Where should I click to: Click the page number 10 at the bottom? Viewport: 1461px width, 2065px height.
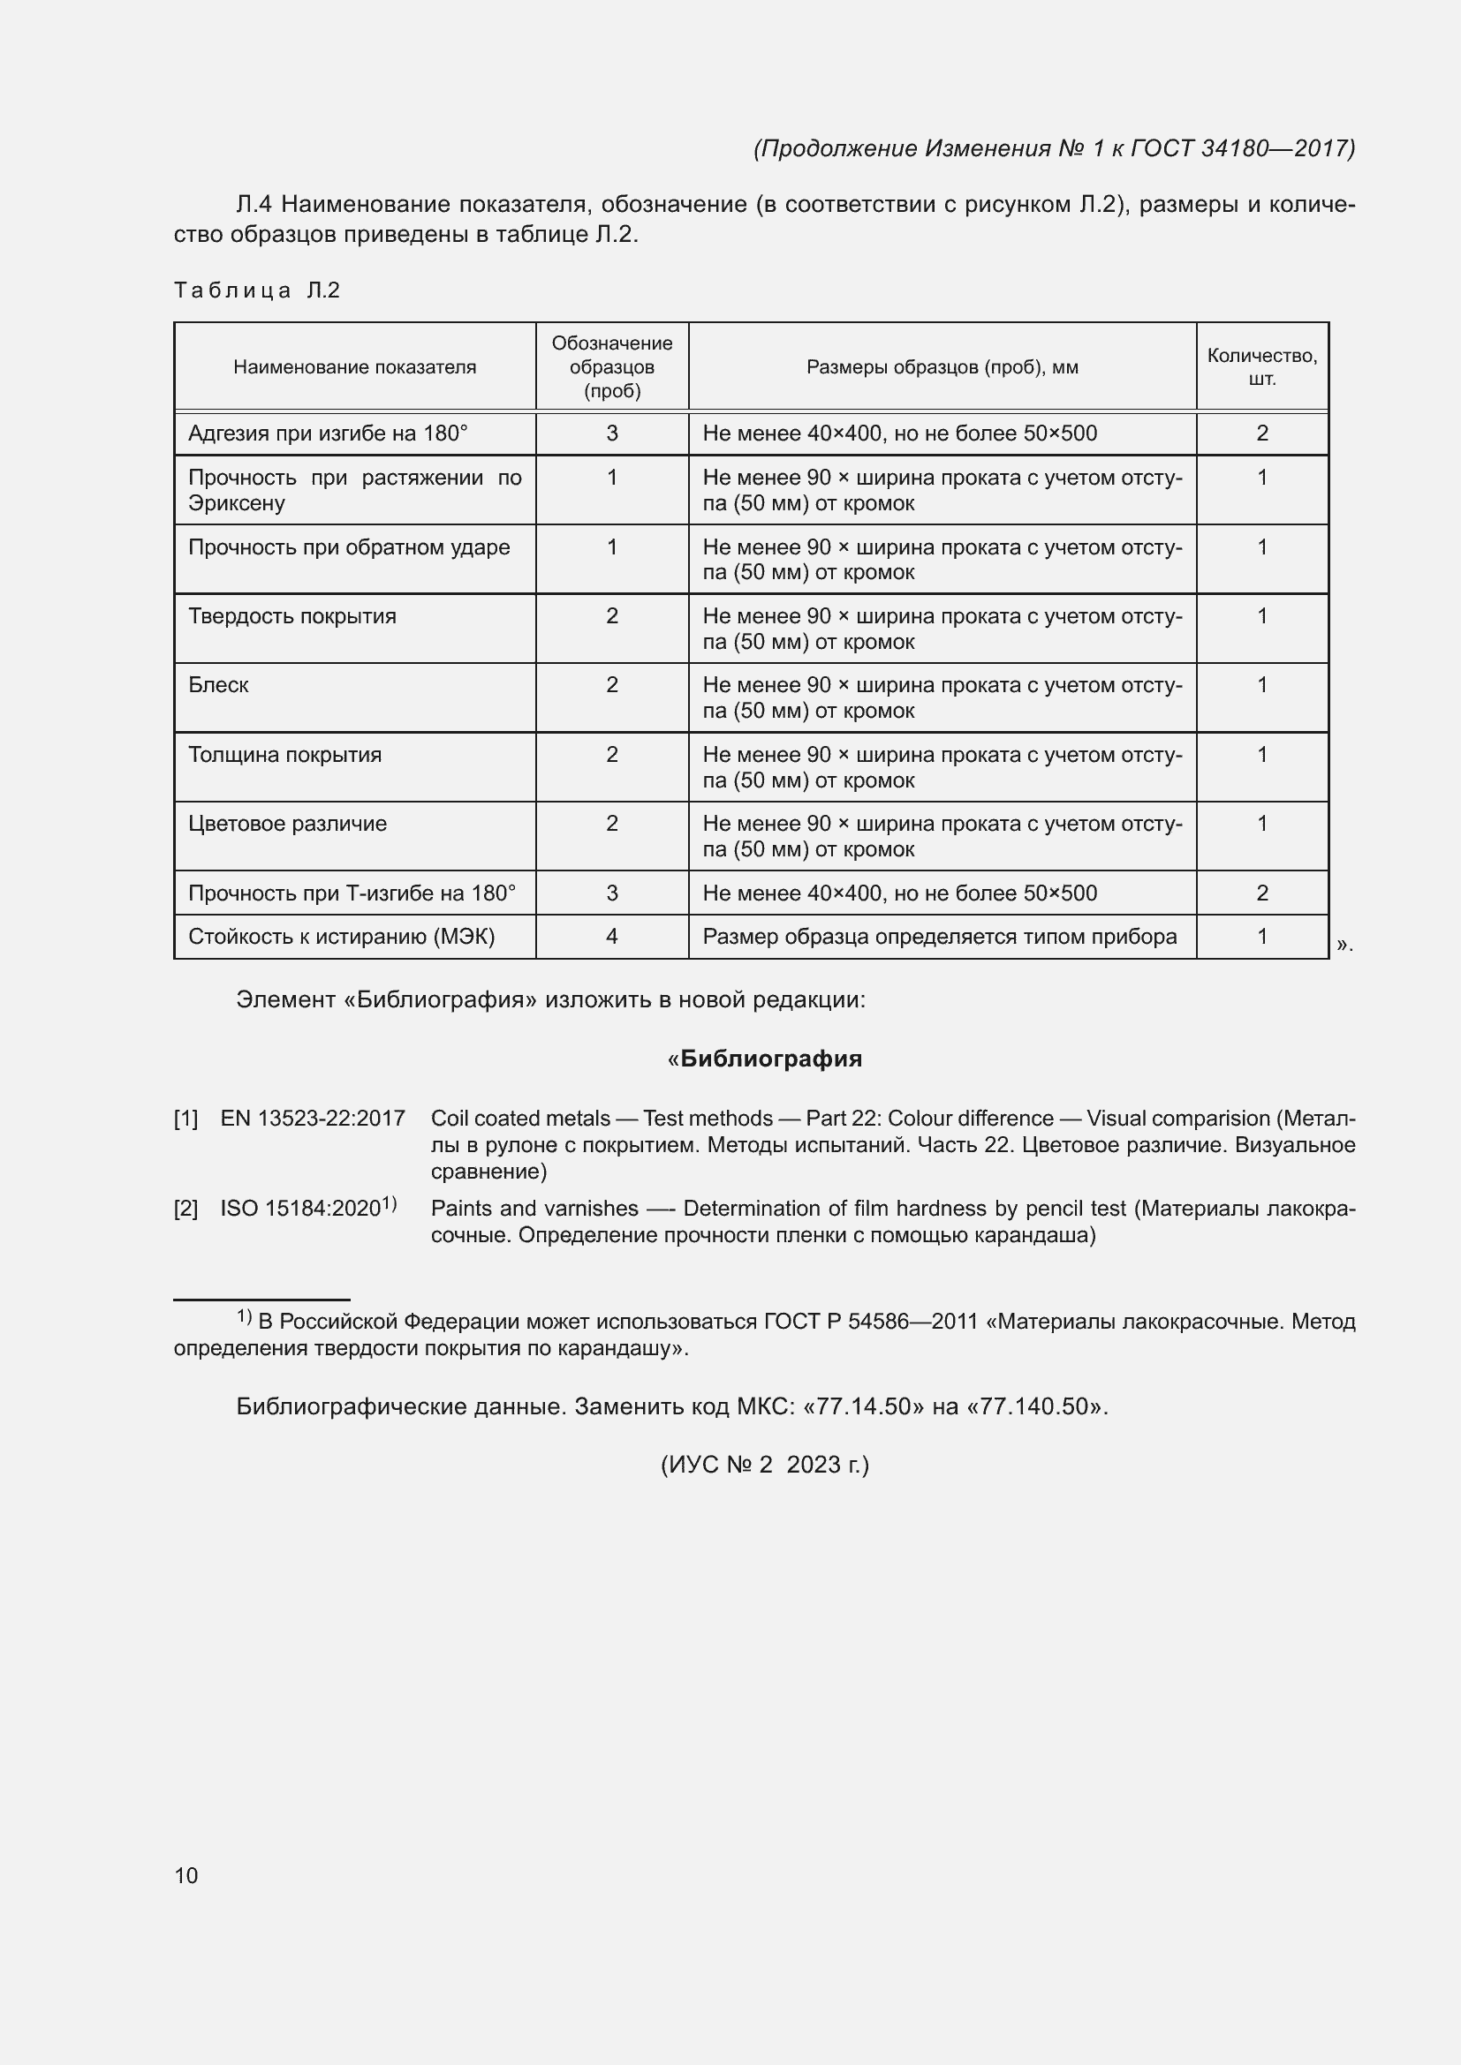coord(186,1875)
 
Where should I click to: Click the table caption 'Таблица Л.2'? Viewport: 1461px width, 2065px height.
coord(256,290)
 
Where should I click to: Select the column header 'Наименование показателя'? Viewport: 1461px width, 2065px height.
coord(354,367)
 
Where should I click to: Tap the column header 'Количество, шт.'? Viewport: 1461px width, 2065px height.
coord(1261,367)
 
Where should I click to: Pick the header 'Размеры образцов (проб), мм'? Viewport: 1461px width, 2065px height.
coord(942,367)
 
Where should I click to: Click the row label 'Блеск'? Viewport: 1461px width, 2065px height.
coord(218,685)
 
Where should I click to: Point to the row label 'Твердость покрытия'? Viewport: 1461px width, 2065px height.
coord(292,616)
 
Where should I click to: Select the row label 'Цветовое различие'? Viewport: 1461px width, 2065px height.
coord(288,824)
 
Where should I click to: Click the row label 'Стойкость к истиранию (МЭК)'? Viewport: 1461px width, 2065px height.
coord(342,938)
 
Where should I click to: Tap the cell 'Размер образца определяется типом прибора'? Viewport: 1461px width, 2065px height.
coord(939,938)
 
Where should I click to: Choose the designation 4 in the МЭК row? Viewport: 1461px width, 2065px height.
coord(612,938)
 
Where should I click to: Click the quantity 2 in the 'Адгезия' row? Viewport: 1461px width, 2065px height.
coord(1262,433)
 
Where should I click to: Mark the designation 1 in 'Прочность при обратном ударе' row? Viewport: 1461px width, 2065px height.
coord(612,547)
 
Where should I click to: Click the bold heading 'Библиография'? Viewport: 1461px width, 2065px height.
coord(771,1059)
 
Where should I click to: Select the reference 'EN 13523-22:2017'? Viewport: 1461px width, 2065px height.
coord(312,1119)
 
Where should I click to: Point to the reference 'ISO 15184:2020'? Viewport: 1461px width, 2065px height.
coord(300,1209)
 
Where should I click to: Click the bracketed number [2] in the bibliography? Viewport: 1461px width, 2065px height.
coord(185,1209)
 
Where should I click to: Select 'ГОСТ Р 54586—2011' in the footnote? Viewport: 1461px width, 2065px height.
coord(870,1323)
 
